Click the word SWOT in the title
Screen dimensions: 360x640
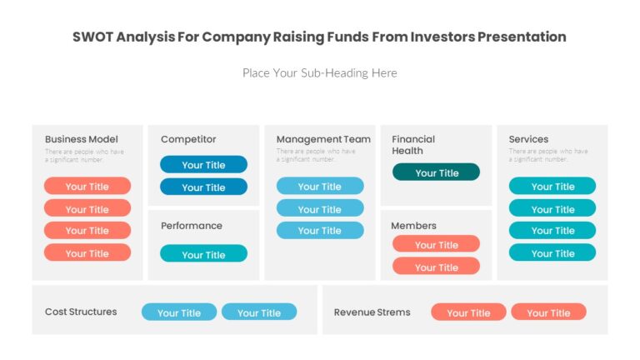pyautogui.click(x=92, y=37)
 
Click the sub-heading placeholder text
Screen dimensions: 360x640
pyautogui.click(x=319, y=73)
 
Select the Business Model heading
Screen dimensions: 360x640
pyautogui.click(x=82, y=139)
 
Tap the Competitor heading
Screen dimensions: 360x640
pyautogui.click(x=188, y=139)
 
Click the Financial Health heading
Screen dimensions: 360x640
pyautogui.click(x=413, y=145)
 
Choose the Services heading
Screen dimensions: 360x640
pyautogui.click(x=528, y=139)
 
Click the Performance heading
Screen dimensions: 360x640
pyautogui.click(x=192, y=226)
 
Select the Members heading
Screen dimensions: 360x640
pyautogui.click(x=414, y=226)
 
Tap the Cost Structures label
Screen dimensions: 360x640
pyautogui.click(x=81, y=312)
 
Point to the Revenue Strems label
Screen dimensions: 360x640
pyautogui.click(x=372, y=312)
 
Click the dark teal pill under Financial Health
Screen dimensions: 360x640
pyautogui.click(x=436, y=172)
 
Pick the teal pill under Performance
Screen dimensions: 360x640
pyautogui.click(x=203, y=254)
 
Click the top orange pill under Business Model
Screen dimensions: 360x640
pyautogui.click(x=87, y=186)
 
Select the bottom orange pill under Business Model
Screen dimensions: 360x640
pyautogui.click(x=87, y=252)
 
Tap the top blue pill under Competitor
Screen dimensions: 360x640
pyautogui.click(x=203, y=164)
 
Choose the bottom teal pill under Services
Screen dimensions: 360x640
pyautogui.click(x=552, y=252)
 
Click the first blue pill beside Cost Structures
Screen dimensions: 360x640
pyautogui.click(x=179, y=312)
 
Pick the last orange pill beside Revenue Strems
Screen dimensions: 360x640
pyautogui.click(x=548, y=312)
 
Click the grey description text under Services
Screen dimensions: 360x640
pyautogui.click(x=548, y=155)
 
